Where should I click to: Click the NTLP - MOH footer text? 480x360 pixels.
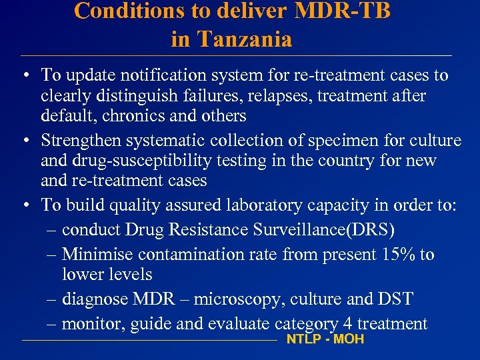click(x=325, y=339)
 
